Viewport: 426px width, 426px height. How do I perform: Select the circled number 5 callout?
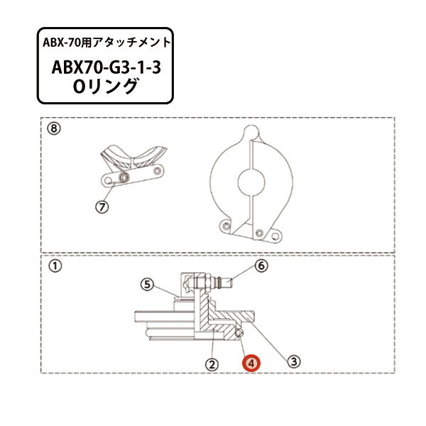click(x=146, y=285)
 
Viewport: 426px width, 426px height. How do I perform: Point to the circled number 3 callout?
click(x=292, y=361)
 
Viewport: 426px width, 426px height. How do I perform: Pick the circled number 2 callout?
click(x=211, y=363)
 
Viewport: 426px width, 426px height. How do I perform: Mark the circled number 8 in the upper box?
click(x=53, y=129)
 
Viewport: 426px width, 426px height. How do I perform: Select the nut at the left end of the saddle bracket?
click(x=124, y=176)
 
